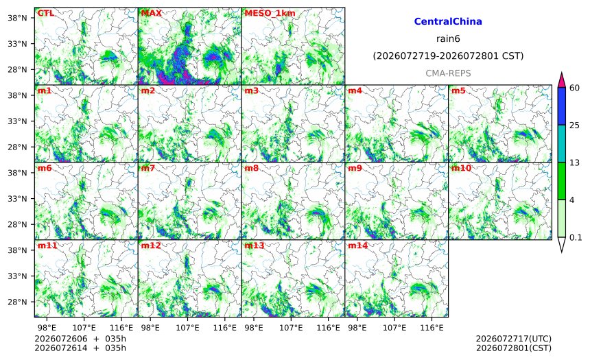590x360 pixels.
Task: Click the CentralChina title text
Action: click(448, 21)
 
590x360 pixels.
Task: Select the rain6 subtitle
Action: click(448, 39)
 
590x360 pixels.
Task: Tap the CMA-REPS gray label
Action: click(448, 73)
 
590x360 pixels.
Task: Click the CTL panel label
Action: click(45, 13)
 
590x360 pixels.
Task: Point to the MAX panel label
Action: click(151, 13)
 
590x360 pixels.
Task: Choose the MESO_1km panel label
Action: click(270, 13)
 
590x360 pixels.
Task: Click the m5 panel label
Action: click(458, 91)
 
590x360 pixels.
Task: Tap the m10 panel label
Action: click(461, 168)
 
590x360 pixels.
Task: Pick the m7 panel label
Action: click(148, 168)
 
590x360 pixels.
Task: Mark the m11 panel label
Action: click(47, 245)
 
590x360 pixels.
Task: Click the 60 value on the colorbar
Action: click(575, 88)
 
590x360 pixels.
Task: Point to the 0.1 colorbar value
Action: click(576, 237)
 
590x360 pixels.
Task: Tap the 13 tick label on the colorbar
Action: click(575, 163)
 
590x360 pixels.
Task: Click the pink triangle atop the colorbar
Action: click(561, 80)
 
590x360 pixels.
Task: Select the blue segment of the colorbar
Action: click(561, 106)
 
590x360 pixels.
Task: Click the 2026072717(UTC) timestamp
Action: click(514, 339)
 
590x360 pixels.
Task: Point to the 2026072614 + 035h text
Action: click(80, 348)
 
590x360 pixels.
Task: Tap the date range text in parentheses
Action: click(448, 56)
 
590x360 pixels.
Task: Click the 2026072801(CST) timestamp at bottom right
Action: click(514, 348)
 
